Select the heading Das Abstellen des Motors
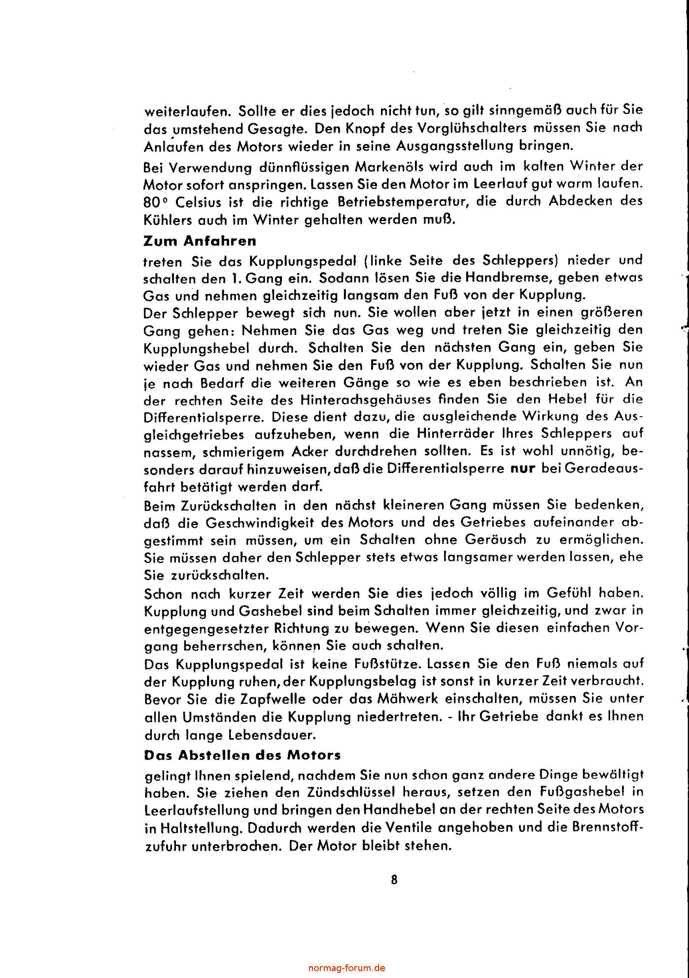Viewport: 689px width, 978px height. [242, 755]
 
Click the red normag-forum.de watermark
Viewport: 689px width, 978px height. [346, 968]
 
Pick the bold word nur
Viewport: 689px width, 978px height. [523, 468]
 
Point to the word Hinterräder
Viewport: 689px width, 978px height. [448, 434]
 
